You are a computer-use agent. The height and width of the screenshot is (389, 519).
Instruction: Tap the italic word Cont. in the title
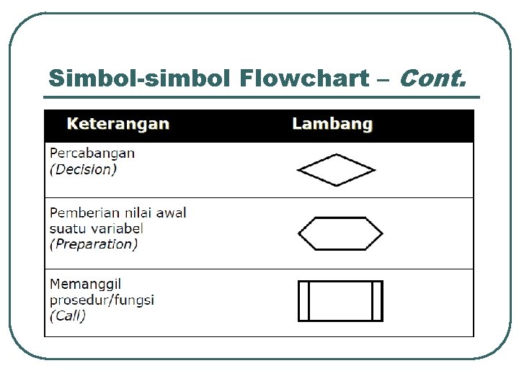430,77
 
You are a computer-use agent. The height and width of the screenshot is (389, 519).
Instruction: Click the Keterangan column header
118,124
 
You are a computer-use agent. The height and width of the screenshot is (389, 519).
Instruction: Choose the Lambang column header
332,124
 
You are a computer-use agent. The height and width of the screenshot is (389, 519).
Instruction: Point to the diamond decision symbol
336,170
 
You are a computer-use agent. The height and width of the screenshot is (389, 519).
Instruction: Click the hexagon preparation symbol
340,233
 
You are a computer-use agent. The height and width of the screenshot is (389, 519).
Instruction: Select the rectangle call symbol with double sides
340,300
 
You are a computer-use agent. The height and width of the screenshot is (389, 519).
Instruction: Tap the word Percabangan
92,153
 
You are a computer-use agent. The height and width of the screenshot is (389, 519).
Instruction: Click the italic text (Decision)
83,170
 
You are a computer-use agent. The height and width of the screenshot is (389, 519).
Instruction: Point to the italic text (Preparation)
94,244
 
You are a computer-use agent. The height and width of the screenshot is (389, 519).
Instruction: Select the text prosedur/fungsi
102,300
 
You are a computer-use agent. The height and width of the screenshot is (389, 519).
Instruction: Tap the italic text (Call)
68,316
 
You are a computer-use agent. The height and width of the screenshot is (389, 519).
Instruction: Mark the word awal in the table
171,213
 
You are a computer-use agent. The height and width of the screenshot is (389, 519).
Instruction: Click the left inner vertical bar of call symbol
309,300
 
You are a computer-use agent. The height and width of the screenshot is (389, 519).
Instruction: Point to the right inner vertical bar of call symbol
373,300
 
